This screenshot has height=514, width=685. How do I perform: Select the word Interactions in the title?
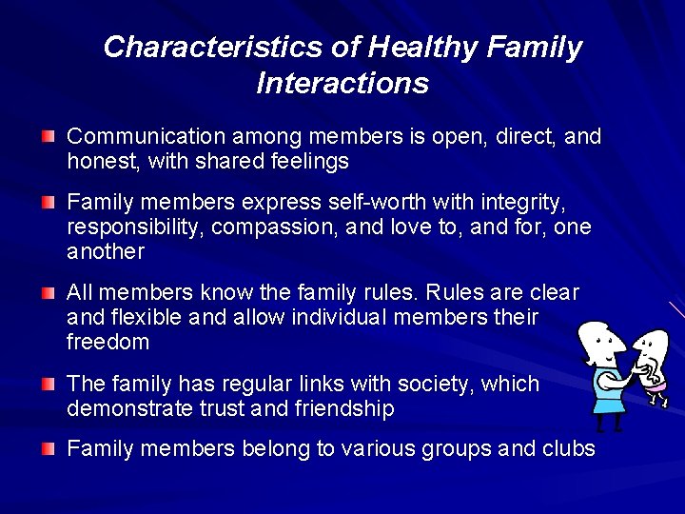pyautogui.click(x=342, y=84)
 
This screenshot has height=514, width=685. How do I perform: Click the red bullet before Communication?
pyautogui.click(x=49, y=138)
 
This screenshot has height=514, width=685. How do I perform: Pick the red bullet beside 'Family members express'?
pyautogui.click(x=49, y=204)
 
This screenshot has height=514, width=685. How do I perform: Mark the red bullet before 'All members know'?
pyautogui.click(x=49, y=294)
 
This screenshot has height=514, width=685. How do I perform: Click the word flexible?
pyautogui.click(x=149, y=317)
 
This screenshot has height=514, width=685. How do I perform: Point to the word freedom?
pyautogui.click(x=108, y=341)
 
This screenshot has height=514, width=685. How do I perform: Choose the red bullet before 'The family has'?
pyautogui.click(x=49, y=385)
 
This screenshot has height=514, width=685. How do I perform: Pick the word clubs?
pyautogui.click(x=568, y=449)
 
